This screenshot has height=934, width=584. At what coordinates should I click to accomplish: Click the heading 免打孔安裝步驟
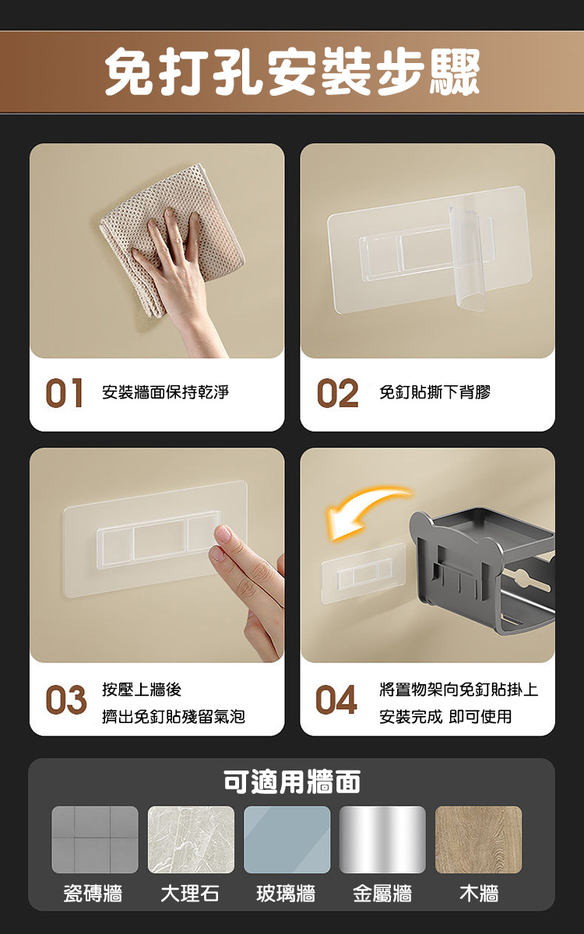click(292, 72)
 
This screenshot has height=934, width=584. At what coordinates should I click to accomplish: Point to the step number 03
click(65, 700)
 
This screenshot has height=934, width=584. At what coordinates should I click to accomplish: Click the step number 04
click(336, 700)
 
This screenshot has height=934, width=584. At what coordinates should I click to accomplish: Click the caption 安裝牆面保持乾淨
click(165, 392)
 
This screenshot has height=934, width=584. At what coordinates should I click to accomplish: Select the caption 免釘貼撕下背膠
click(434, 392)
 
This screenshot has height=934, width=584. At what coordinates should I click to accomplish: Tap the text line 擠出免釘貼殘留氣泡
click(174, 716)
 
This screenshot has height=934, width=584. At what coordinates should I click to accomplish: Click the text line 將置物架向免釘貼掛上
click(459, 690)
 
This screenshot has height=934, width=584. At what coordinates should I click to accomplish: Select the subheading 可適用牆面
click(292, 781)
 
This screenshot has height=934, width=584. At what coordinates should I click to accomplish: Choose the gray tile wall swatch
click(95, 840)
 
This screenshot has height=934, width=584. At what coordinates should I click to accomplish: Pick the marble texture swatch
click(191, 840)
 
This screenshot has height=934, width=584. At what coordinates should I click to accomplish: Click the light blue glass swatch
click(287, 840)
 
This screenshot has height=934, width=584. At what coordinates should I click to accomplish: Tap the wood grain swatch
click(478, 840)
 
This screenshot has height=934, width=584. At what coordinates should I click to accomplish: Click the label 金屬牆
click(382, 894)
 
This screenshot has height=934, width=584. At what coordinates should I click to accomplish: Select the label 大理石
click(190, 894)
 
